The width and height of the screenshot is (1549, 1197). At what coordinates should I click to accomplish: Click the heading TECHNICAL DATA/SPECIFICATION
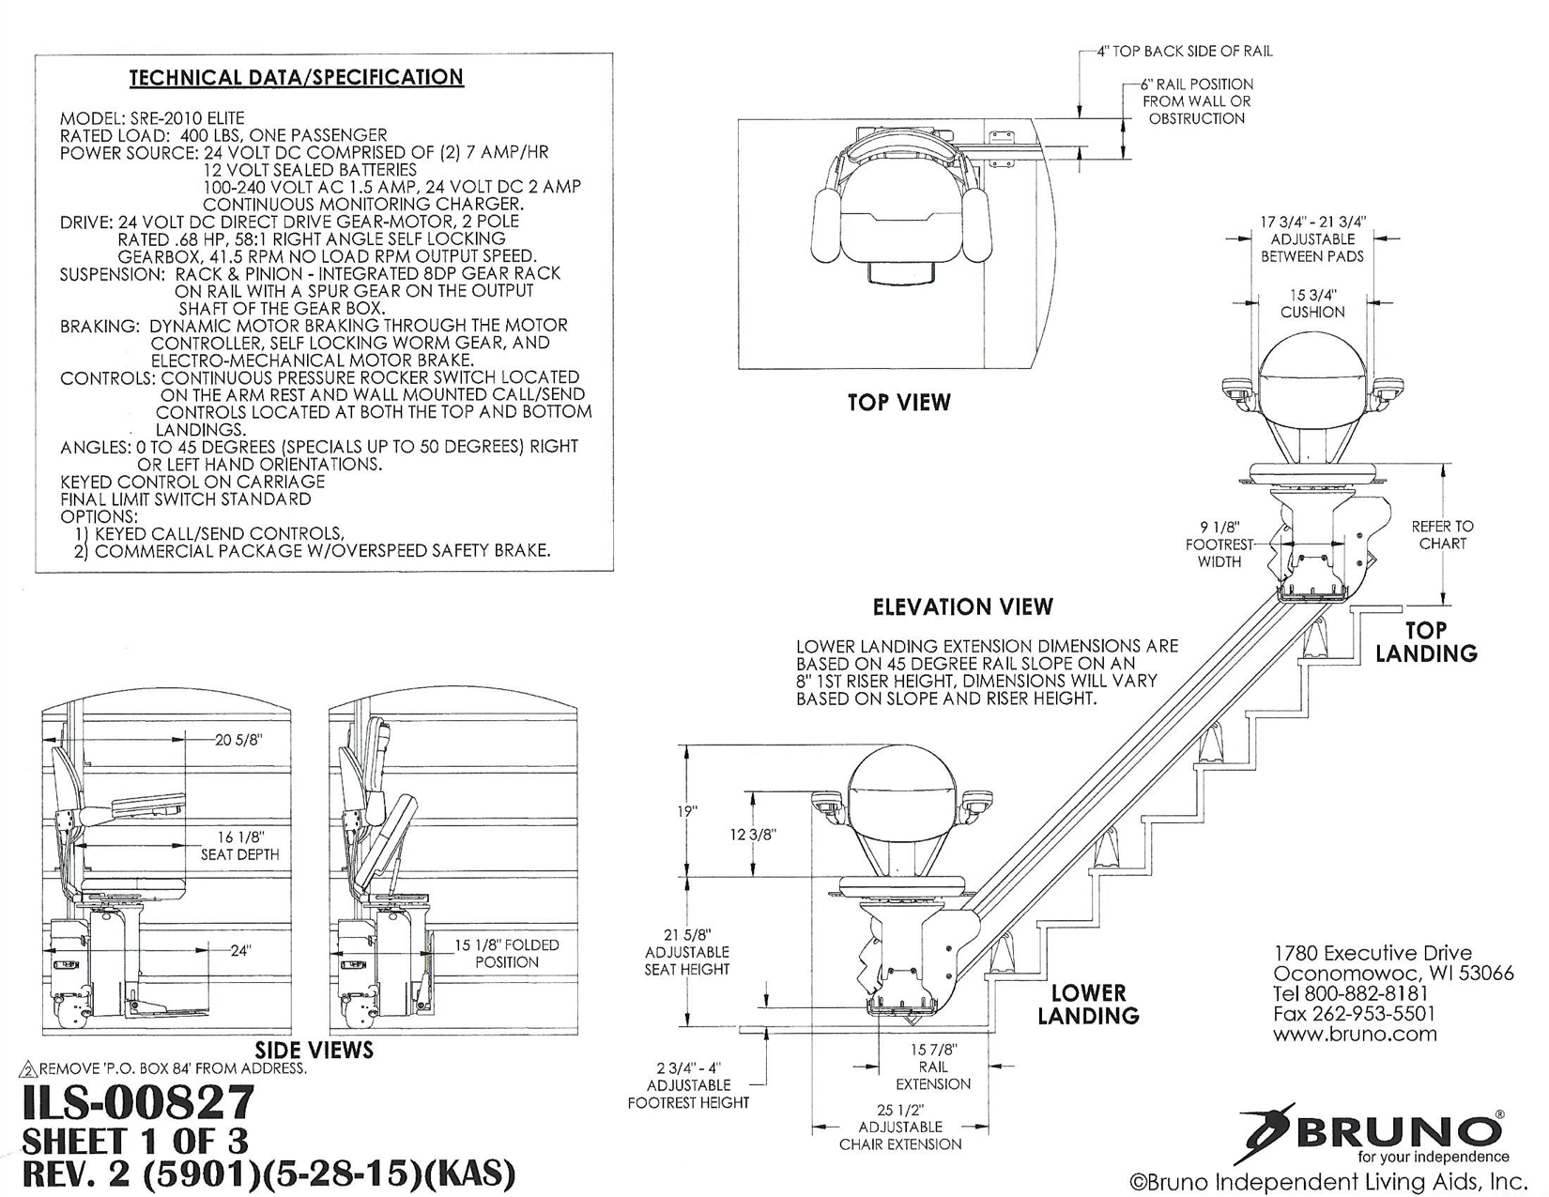296,77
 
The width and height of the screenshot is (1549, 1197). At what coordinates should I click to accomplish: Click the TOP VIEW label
898,403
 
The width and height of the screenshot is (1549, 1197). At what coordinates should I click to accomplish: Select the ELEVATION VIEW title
962,606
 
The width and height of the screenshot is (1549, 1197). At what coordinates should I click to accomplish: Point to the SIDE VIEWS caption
314,1050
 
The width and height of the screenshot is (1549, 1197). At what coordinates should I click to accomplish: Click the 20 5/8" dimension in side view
238,740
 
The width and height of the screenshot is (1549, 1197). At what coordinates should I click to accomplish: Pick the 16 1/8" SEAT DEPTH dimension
239,845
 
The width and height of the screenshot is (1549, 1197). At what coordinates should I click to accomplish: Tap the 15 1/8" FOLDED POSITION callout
506,953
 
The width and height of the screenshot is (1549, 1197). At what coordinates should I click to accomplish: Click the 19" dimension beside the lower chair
688,811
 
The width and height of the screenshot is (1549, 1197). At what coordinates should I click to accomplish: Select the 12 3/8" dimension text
753,834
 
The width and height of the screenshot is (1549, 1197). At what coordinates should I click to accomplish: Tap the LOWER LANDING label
1087,1004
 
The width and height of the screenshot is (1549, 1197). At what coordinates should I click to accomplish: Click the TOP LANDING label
1425,641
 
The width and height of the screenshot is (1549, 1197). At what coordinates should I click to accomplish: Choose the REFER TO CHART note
1442,534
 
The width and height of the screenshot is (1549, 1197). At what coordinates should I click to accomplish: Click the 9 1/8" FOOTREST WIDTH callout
1219,545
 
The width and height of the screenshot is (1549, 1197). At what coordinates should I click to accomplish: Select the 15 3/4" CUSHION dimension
1312,302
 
